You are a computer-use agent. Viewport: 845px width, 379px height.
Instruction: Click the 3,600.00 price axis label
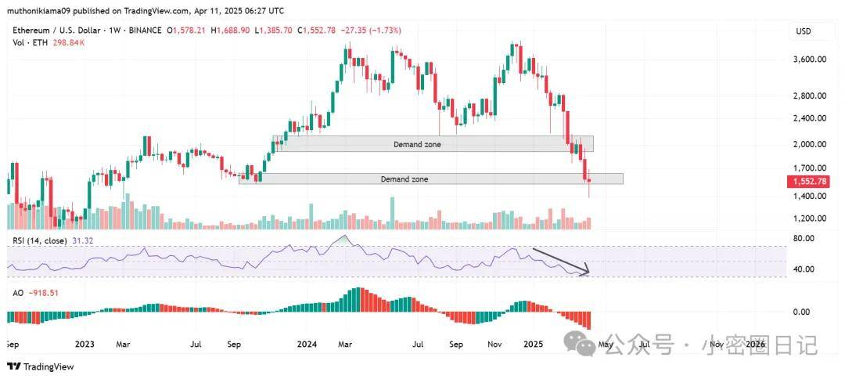pos(809,60)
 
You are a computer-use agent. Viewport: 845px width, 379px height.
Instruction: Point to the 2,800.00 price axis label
pos(809,96)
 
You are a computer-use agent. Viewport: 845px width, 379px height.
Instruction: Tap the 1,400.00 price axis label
pos(809,197)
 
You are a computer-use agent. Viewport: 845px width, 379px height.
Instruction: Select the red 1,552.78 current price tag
pos(809,181)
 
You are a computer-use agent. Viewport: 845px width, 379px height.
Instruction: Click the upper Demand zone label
pos(417,144)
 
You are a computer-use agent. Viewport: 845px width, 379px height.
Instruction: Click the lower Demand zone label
pos(405,179)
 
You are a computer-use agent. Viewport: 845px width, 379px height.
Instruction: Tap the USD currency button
pos(804,31)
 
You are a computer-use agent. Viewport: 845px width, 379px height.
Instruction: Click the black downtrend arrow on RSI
pos(560,261)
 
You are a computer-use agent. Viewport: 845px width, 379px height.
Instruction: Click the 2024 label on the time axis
pos(307,344)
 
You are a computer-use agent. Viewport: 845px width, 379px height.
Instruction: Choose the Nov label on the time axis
pos(494,344)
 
